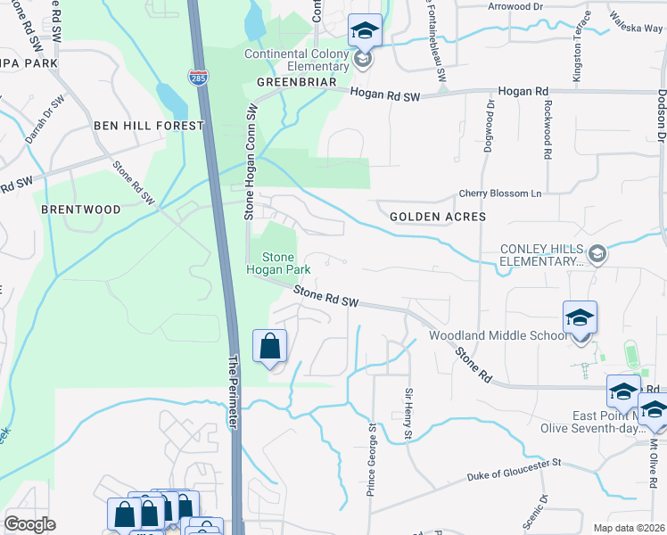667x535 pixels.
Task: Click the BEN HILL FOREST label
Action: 149,126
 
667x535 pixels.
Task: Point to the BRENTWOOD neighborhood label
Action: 80,210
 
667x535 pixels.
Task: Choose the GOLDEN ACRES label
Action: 437,217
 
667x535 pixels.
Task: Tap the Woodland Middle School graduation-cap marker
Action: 580,318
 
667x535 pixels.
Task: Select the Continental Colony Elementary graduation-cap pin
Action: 364,31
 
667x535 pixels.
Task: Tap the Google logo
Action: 29,524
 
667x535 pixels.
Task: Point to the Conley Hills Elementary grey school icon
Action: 597,254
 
